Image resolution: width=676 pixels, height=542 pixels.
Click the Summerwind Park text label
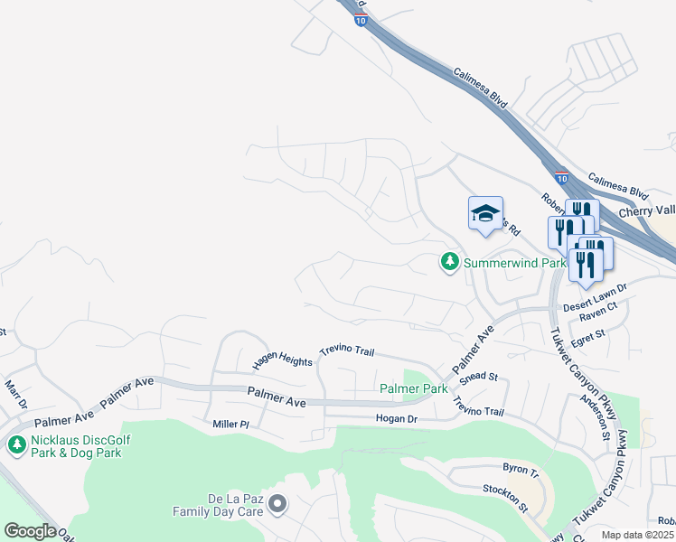pos(514,263)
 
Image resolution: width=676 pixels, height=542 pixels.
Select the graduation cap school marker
pos(485,215)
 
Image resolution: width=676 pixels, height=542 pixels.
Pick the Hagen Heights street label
pos(282,360)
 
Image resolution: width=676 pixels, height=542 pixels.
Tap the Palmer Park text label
pos(414,388)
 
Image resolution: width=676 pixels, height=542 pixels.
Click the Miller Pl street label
pos(230,424)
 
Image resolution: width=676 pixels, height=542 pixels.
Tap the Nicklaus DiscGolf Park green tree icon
pos(15,444)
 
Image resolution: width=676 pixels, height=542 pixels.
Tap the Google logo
pos(30,530)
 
